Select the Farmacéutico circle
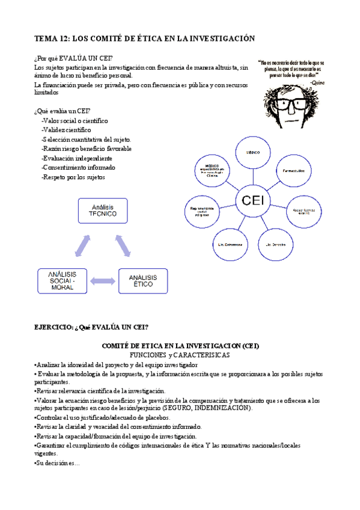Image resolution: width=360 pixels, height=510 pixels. (293, 170)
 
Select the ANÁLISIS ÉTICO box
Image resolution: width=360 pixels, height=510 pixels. (143, 281)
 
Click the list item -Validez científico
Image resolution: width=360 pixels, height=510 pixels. (66, 129)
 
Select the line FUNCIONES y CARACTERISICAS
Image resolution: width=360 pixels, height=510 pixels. (180, 355)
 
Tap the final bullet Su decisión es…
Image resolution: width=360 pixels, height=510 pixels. (58, 463)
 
